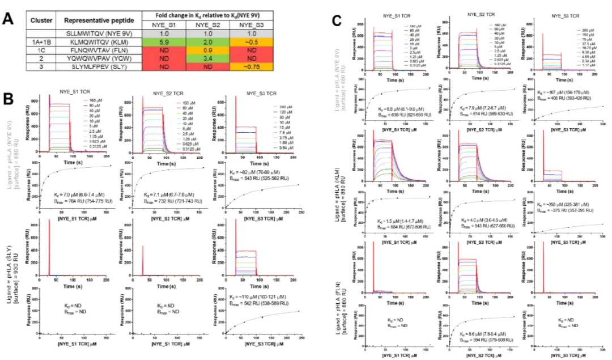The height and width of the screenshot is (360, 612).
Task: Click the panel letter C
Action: click(x=337, y=22)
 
